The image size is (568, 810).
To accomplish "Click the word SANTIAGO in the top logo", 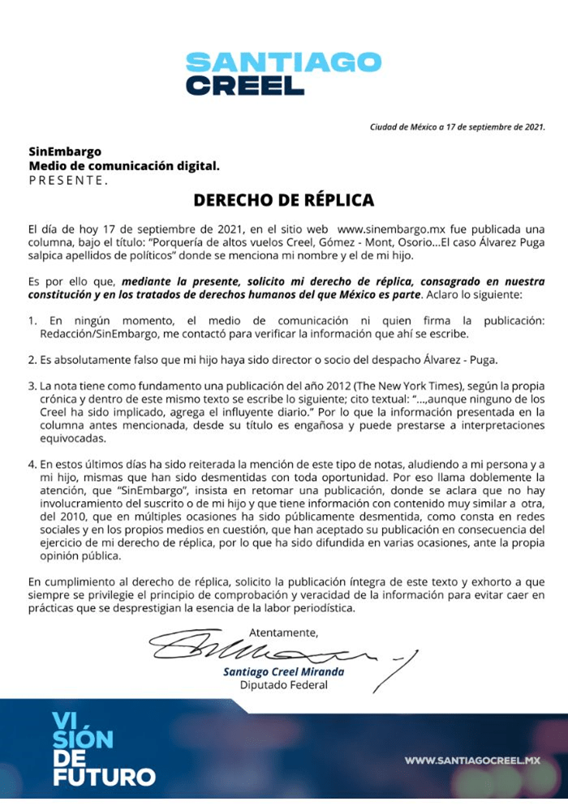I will click(283, 62).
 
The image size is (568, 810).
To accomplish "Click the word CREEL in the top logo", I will click(244, 85).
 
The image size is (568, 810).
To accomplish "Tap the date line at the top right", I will click(458, 126).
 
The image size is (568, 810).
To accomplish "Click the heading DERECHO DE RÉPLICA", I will click(283, 199).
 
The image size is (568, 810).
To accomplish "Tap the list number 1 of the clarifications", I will click(32, 319).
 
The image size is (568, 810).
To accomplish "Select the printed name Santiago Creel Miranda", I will click(283, 671).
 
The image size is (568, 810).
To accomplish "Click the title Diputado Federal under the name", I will click(283, 685).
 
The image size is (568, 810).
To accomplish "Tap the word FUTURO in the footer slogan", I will click(103, 777).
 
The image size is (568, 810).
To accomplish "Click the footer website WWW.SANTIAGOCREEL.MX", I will click(472, 761).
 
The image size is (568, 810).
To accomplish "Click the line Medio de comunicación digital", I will click(124, 165).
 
